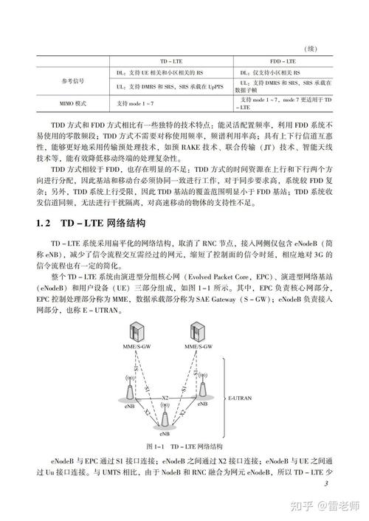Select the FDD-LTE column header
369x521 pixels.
[281, 61]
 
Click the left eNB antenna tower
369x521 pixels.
[130, 389]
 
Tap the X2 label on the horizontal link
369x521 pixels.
[165, 398]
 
